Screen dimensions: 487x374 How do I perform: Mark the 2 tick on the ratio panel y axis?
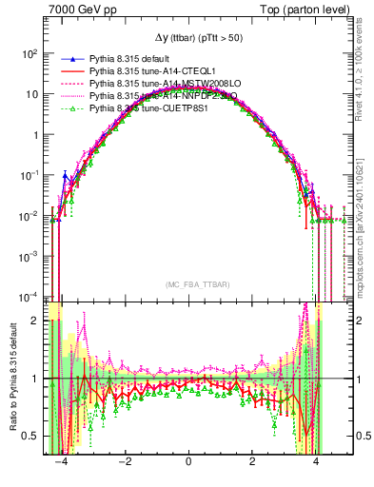pyautogui.click(x=36, y=321)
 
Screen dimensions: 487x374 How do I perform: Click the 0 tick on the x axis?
pyautogui.click(x=188, y=461)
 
